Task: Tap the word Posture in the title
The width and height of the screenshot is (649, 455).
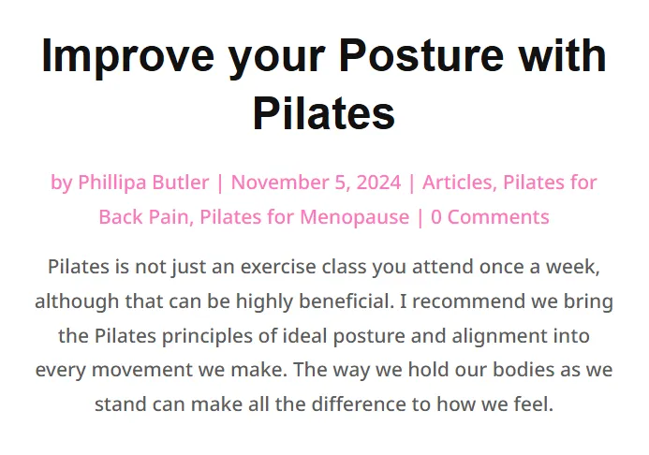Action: pyautogui.click(x=420, y=55)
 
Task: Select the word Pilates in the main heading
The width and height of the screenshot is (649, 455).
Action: pyautogui.click(x=324, y=112)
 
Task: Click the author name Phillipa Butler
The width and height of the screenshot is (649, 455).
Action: pyautogui.click(x=143, y=183)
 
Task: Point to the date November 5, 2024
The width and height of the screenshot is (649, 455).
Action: pyautogui.click(x=316, y=183)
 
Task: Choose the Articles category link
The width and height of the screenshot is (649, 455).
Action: pyautogui.click(x=457, y=183)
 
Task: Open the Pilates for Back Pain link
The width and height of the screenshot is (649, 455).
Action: pyautogui.click(x=347, y=199)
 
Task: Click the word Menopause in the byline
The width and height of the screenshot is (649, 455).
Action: pyautogui.click(x=355, y=217)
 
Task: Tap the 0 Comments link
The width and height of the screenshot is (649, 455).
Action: pyautogui.click(x=490, y=217)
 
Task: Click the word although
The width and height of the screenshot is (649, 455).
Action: pyautogui.click(x=77, y=301)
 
